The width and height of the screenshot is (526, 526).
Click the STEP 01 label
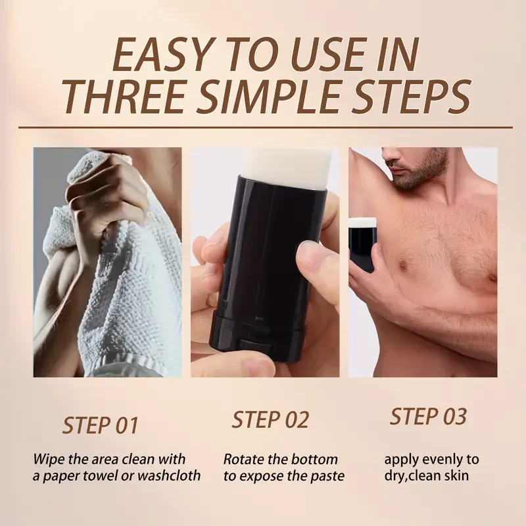[101, 425]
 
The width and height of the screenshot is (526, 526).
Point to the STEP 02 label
[270, 419]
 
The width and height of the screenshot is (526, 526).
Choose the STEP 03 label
[428, 416]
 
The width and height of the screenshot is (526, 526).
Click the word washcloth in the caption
[169, 475]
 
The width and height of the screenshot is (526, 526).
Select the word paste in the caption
[325, 475]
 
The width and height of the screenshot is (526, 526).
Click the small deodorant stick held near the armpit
[361, 243]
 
